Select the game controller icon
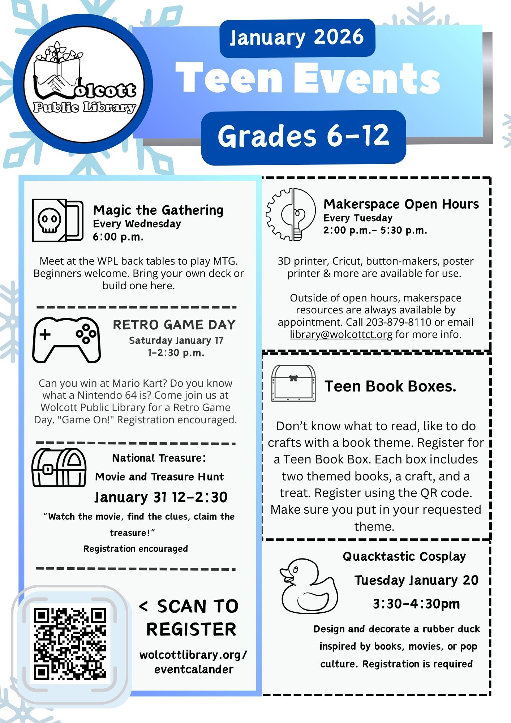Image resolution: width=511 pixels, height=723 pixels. [66, 340]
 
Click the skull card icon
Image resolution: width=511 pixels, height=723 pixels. [57, 220]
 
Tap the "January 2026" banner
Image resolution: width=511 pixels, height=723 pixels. [297, 38]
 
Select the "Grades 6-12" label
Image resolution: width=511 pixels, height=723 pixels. [303, 137]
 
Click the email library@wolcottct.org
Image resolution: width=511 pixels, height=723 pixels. [341, 334]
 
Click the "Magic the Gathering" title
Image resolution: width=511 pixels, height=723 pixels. [158, 210]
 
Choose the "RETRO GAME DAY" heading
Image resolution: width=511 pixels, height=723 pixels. [174, 325]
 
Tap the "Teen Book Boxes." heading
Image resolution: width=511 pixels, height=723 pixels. [390, 386]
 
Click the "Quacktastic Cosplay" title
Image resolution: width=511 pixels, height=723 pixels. [404, 556]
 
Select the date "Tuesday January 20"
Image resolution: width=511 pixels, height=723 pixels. [416, 580]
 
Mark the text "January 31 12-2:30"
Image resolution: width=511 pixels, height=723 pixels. [161, 497]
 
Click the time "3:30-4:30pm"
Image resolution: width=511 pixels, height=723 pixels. [416, 604]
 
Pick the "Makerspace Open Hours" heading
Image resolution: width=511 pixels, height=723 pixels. [401, 204]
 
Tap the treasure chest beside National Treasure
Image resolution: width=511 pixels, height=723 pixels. [59, 467]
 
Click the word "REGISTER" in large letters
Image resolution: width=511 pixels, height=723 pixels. [191, 629]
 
